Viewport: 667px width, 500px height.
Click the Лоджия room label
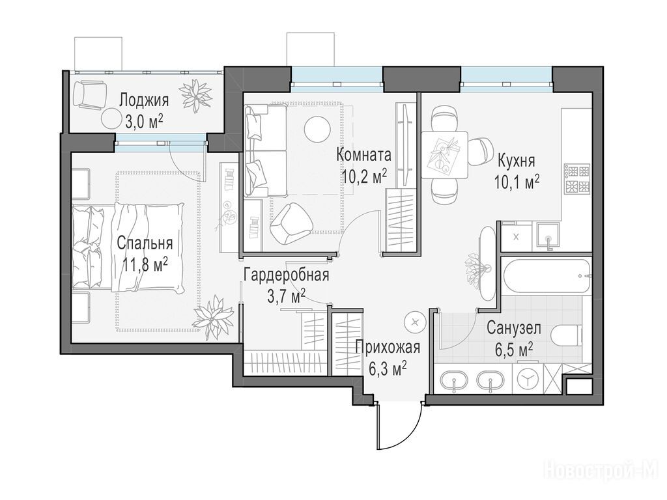pos(144,100)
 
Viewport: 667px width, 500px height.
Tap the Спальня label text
pos(145,243)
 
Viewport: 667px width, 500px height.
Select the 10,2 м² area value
pos(364,176)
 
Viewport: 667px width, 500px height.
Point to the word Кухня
pos(516,161)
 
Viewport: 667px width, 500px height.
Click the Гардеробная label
pos(287,275)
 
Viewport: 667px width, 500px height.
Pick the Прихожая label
pos(388,348)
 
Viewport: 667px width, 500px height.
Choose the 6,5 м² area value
pos(514,351)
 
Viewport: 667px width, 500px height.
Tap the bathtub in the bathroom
pos(546,276)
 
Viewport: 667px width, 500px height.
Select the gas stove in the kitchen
pos(576,178)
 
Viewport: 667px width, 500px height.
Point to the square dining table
pos(444,155)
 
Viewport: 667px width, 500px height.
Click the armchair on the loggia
pos(90,95)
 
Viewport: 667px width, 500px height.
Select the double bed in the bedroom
pos(128,247)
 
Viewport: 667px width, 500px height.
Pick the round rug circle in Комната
pos(317,128)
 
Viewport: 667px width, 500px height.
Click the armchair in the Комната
pos(291,223)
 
